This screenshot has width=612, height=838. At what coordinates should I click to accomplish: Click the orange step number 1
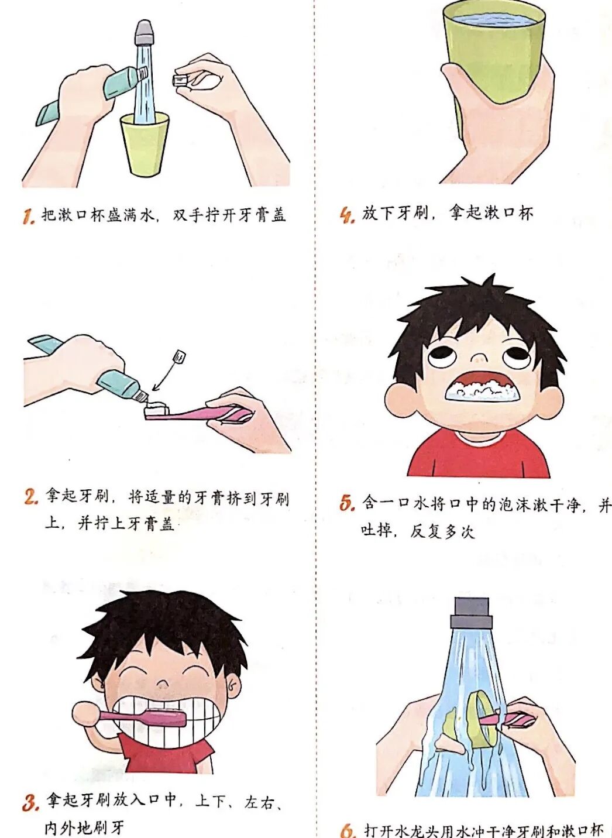point(28,217)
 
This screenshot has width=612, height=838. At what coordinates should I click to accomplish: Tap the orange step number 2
point(31,497)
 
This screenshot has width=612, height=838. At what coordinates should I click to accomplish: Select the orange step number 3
point(30,802)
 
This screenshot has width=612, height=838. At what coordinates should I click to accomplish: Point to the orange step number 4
point(348,215)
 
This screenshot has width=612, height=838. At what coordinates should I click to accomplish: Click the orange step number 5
point(347,503)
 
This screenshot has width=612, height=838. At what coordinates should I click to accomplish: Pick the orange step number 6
point(348,830)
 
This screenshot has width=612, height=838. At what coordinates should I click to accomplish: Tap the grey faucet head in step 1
point(143,33)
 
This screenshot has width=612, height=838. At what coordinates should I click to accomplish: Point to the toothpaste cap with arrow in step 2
point(180,356)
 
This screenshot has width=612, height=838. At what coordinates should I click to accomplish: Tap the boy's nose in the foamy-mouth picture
point(479,356)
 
